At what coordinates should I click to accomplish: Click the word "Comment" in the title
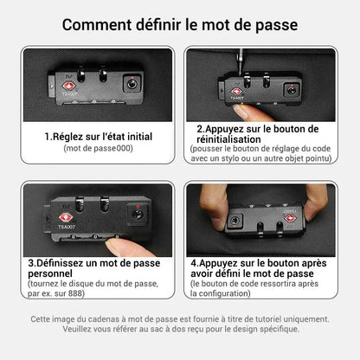pyautogui.click(x=97, y=25)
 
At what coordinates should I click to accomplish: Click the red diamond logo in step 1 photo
pyautogui.click(x=68, y=87)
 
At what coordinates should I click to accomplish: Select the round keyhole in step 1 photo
pyautogui.click(x=132, y=84)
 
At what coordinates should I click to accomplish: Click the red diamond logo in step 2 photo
pyautogui.click(x=236, y=92)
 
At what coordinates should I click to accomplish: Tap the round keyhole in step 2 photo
pyautogui.click(x=292, y=91)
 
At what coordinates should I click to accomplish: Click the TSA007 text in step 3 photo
pyautogui.click(x=67, y=227)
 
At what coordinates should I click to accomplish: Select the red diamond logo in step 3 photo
pyautogui.click(x=66, y=218)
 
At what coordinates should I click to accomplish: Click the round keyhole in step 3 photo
pyautogui.click(x=138, y=214)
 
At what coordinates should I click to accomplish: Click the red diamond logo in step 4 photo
pyautogui.click(x=290, y=218)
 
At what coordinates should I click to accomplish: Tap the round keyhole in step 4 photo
pyautogui.click(x=234, y=221)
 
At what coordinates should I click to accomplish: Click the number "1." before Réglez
pyautogui.click(x=48, y=137)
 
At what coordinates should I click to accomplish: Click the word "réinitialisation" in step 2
pyautogui.click(x=228, y=139)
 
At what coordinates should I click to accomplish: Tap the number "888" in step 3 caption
pyautogui.click(x=75, y=293)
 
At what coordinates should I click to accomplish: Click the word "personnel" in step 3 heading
pyautogui.click(x=50, y=274)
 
